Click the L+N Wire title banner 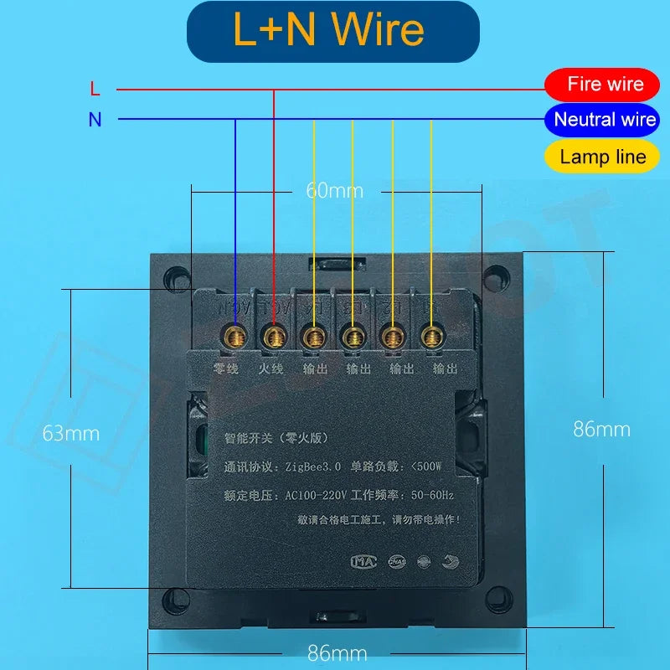pyautogui.click(x=332, y=31)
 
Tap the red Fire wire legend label pyautogui.click(x=602, y=84)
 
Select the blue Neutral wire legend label pyautogui.click(x=602, y=120)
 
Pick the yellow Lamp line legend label pyautogui.click(x=602, y=157)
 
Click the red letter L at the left pyautogui.click(x=95, y=88)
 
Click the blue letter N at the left pyautogui.click(x=95, y=120)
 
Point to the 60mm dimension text pyautogui.click(x=335, y=191)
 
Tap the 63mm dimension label pyautogui.click(x=71, y=434)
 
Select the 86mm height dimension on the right pyautogui.click(x=601, y=430)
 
